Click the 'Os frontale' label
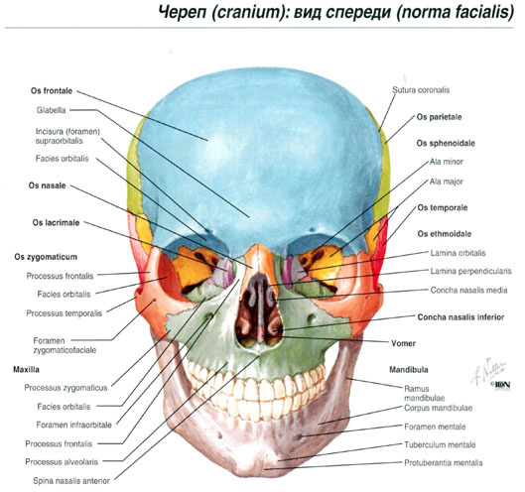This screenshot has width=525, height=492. click(x=52, y=90)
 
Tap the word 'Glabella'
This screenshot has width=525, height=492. click(x=52, y=110)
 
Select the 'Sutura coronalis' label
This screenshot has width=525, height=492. click(x=421, y=90)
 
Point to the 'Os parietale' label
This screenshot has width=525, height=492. click(x=439, y=117)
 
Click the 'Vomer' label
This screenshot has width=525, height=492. click(x=404, y=343)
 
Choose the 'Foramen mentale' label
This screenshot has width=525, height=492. click(x=435, y=427)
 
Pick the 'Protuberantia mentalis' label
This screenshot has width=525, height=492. click(x=444, y=463)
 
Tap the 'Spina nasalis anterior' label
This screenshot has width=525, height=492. click(x=71, y=481)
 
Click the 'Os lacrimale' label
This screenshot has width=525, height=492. click(x=56, y=222)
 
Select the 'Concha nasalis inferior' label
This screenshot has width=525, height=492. click(x=460, y=317)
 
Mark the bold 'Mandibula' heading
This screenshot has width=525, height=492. click(x=409, y=370)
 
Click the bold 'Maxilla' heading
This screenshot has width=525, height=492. click(x=26, y=370)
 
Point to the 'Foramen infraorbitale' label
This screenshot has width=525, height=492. click(x=74, y=426)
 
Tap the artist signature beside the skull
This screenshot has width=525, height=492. click(x=488, y=371)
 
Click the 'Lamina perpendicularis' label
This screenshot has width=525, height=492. click(x=471, y=271)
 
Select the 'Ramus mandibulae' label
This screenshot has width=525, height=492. click(x=424, y=393)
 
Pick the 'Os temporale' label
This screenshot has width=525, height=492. click(x=443, y=208)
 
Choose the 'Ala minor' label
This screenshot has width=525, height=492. click(x=447, y=162)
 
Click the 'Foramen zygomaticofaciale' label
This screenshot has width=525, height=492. click(x=65, y=345)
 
